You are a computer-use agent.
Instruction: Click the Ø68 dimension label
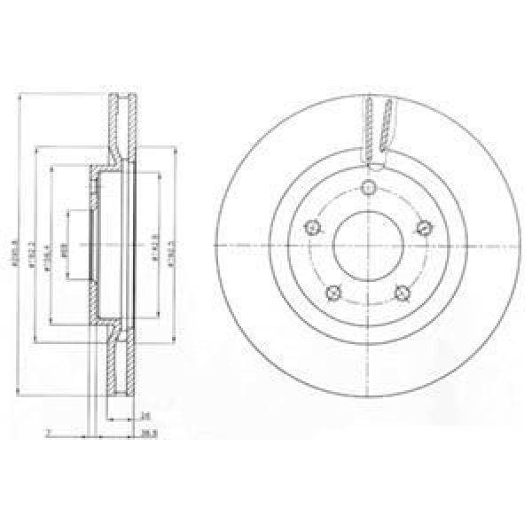click(64, 252)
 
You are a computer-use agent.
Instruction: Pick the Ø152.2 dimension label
click(31, 254)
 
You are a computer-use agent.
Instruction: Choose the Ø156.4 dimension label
click(49, 254)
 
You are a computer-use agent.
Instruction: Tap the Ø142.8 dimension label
click(154, 254)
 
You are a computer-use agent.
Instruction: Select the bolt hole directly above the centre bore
click(370, 187)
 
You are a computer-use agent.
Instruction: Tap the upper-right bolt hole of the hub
click(426, 227)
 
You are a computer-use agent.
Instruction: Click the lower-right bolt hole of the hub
click(404, 293)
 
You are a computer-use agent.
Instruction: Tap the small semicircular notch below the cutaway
click(376, 166)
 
